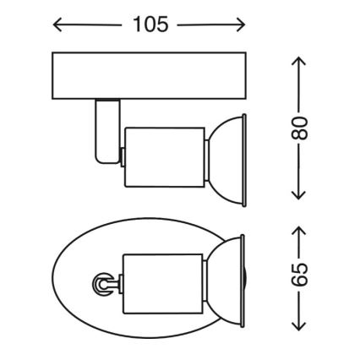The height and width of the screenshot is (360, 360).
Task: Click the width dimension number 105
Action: (x=150, y=25)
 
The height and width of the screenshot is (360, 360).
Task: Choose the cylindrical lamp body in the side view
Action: (x=164, y=156)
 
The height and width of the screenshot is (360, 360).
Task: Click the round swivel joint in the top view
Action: (x=100, y=285)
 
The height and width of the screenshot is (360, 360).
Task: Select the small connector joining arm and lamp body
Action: (x=122, y=156)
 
